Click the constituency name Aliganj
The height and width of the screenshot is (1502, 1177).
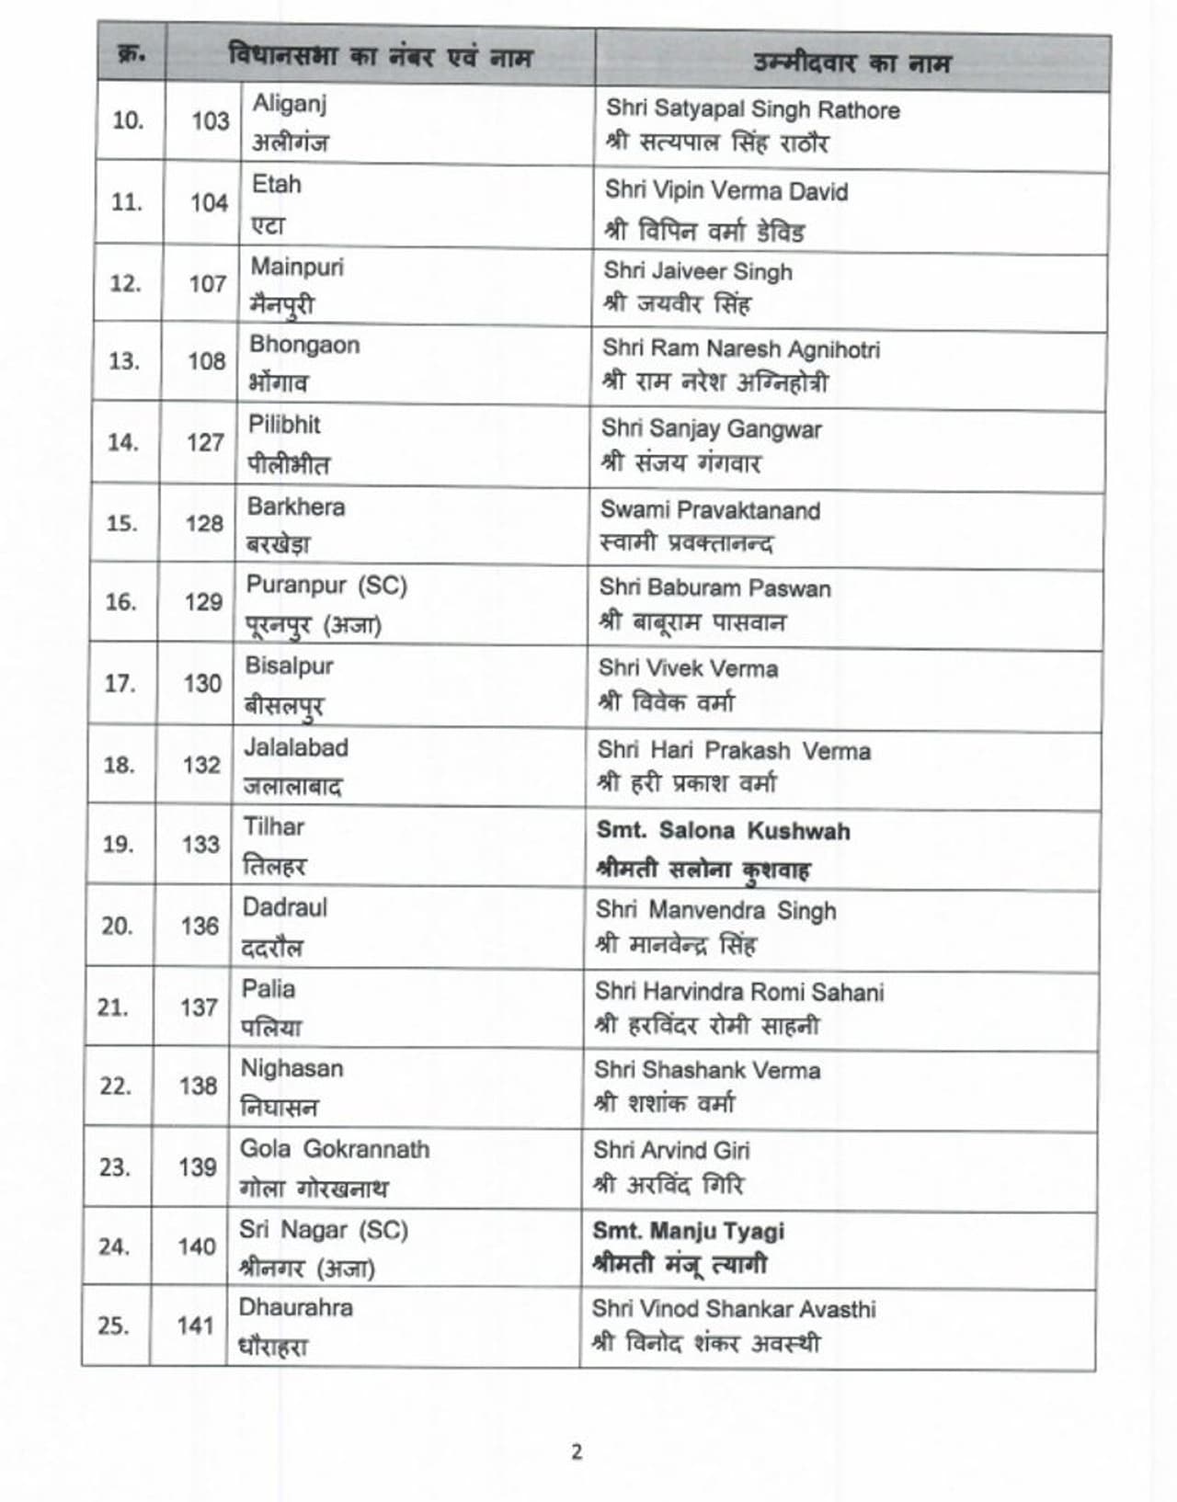(289, 103)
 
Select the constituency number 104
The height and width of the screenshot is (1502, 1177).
(209, 202)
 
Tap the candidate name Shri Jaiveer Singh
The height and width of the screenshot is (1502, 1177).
(698, 271)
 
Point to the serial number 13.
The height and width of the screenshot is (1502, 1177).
(124, 361)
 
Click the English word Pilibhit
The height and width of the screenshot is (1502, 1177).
(284, 425)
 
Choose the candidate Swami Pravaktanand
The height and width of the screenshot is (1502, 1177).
(710, 510)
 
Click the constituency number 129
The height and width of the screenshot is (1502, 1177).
(203, 602)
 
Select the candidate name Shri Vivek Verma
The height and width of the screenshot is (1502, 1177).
(688, 668)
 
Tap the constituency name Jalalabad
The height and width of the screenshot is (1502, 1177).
(295, 747)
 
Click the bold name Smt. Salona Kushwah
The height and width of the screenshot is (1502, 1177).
(723, 831)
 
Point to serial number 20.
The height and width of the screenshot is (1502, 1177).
(117, 926)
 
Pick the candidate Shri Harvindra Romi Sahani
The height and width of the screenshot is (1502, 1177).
(739, 992)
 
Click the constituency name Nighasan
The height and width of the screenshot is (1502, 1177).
(291, 1068)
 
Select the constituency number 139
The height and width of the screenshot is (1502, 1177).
(198, 1166)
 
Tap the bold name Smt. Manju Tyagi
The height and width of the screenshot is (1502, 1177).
(689, 1231)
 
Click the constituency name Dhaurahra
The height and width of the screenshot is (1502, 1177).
(295, 1307)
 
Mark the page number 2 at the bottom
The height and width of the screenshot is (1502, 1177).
(577, 1452)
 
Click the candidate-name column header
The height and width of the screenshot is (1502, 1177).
(851, 63)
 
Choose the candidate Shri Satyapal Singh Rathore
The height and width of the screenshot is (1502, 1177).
(752, 109)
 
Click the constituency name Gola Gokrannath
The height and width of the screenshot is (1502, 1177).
(335, 1149)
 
